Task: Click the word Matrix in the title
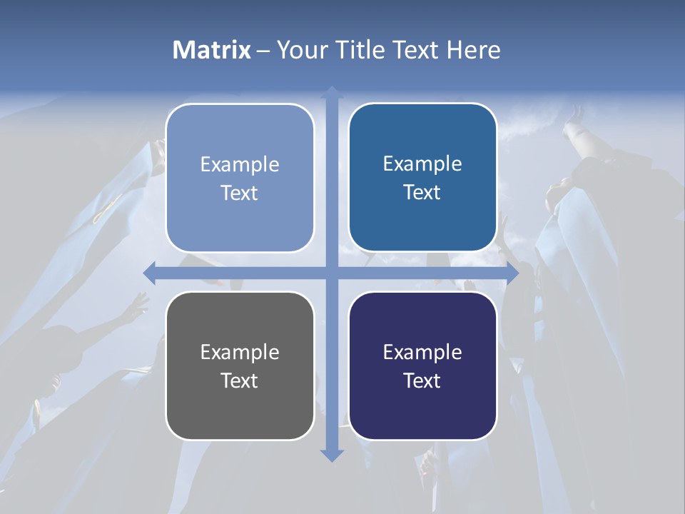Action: [x=212, y=50]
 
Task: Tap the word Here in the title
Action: [x=473, y=50]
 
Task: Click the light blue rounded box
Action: [x=240, y=178]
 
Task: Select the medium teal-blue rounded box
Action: [x=422, y=178]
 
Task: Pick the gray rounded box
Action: [x=240, y=366]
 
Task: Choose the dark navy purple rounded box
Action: [x=422, y=366]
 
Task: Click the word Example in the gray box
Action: [x=240, y=352]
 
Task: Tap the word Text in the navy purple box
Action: [x=422, y=381]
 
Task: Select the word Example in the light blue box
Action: [x=240, y=164]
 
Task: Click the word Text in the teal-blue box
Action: [x=422, y=192]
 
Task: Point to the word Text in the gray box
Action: [x=240, y=381]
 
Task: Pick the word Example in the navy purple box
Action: [x=422, y=352]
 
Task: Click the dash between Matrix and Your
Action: [x=263, y=51]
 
